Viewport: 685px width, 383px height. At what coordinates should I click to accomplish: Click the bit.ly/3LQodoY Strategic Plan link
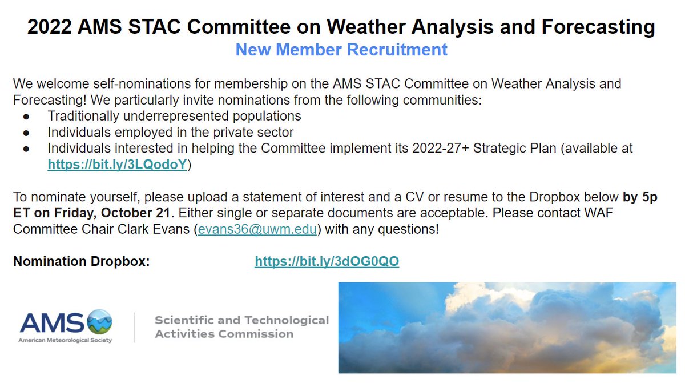[118, 165]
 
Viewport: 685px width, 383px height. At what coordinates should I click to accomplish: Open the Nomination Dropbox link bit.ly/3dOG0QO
[327, 261]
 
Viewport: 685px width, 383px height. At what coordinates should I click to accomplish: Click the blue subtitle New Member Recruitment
[341, 50]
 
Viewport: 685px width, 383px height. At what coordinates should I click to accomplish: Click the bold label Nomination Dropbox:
[81, 261]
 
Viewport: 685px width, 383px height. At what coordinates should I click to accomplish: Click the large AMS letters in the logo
[53, 322]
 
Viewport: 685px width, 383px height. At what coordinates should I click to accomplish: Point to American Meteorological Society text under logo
[66, 340]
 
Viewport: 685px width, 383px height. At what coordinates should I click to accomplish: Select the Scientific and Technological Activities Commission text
[241, 326]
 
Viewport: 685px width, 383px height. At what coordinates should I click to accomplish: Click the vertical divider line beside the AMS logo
[134, 327]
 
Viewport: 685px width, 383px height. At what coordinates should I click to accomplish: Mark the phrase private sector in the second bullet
[255, 132]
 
